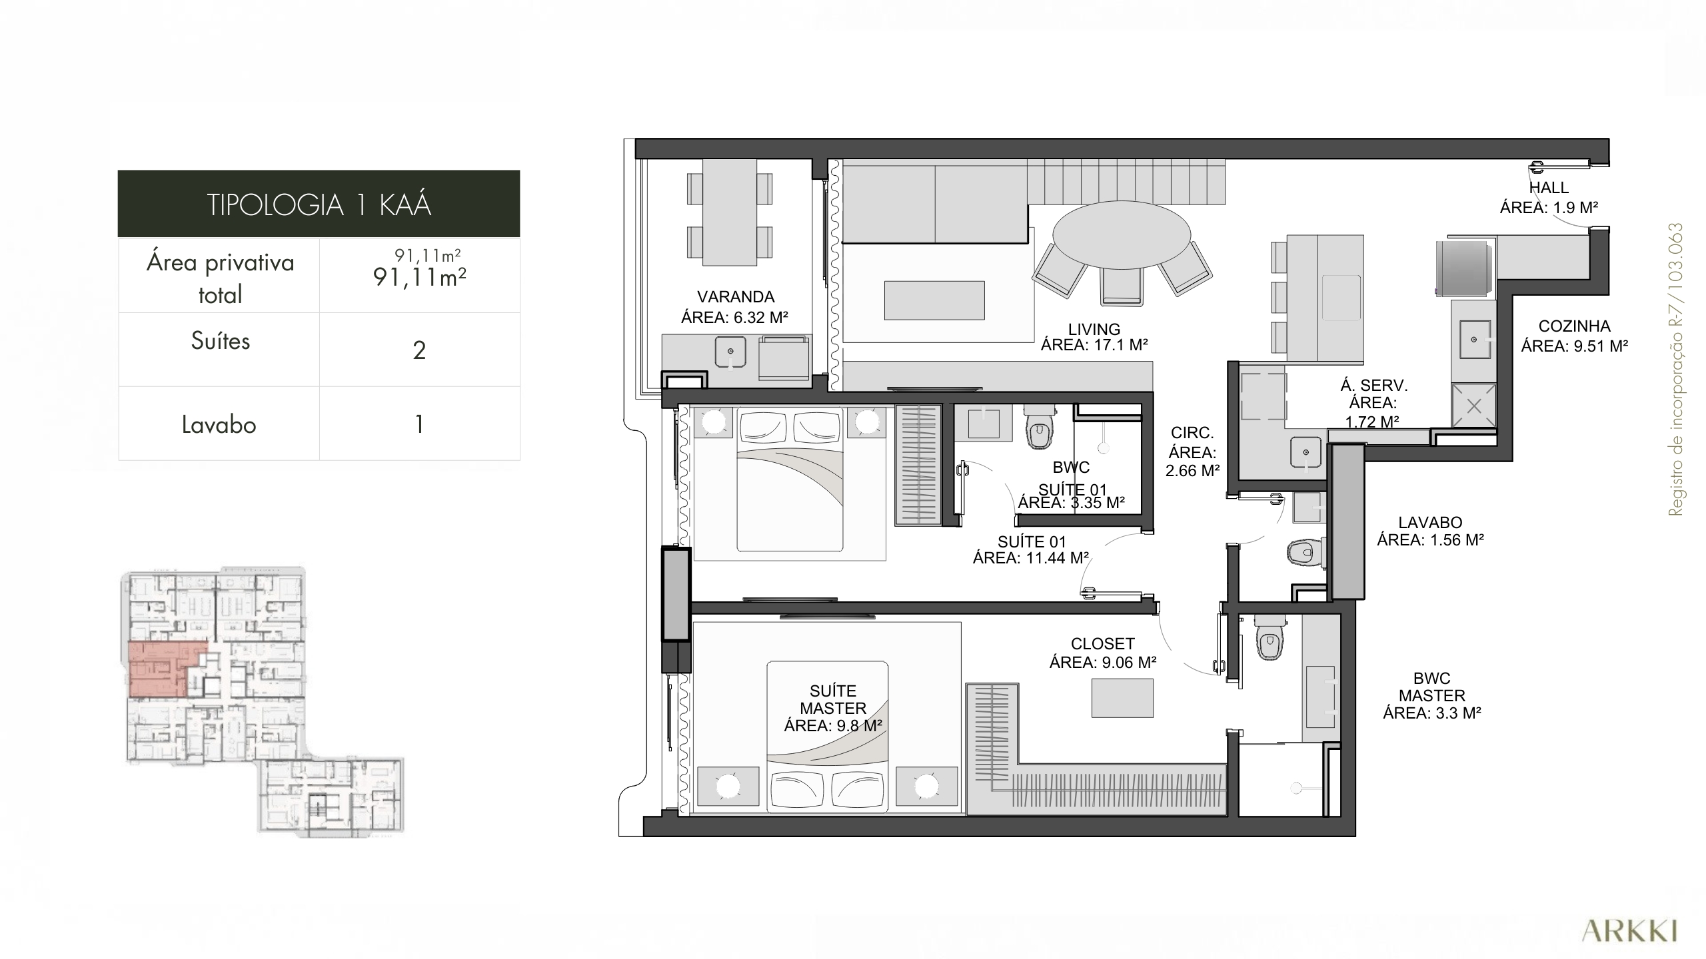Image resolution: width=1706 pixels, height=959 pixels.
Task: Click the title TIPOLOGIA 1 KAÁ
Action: click(319, 204)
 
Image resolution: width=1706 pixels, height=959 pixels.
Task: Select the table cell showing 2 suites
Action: click(419, 350)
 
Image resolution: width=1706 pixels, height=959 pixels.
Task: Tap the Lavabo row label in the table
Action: click(219, 424)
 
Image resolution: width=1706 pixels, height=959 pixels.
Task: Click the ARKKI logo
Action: click(1629, 931)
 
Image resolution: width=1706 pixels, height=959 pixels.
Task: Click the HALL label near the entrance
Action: click(1549, 188)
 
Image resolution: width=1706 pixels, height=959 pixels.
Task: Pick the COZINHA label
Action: click(1574, 326)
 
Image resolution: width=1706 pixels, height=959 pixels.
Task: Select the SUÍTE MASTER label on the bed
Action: click(833, 699)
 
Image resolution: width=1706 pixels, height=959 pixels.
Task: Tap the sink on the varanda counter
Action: click(731, 351)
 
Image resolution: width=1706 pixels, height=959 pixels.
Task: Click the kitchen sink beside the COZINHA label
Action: click(1473, 340)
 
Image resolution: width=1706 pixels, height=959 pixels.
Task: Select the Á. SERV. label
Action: click(1373, 386)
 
